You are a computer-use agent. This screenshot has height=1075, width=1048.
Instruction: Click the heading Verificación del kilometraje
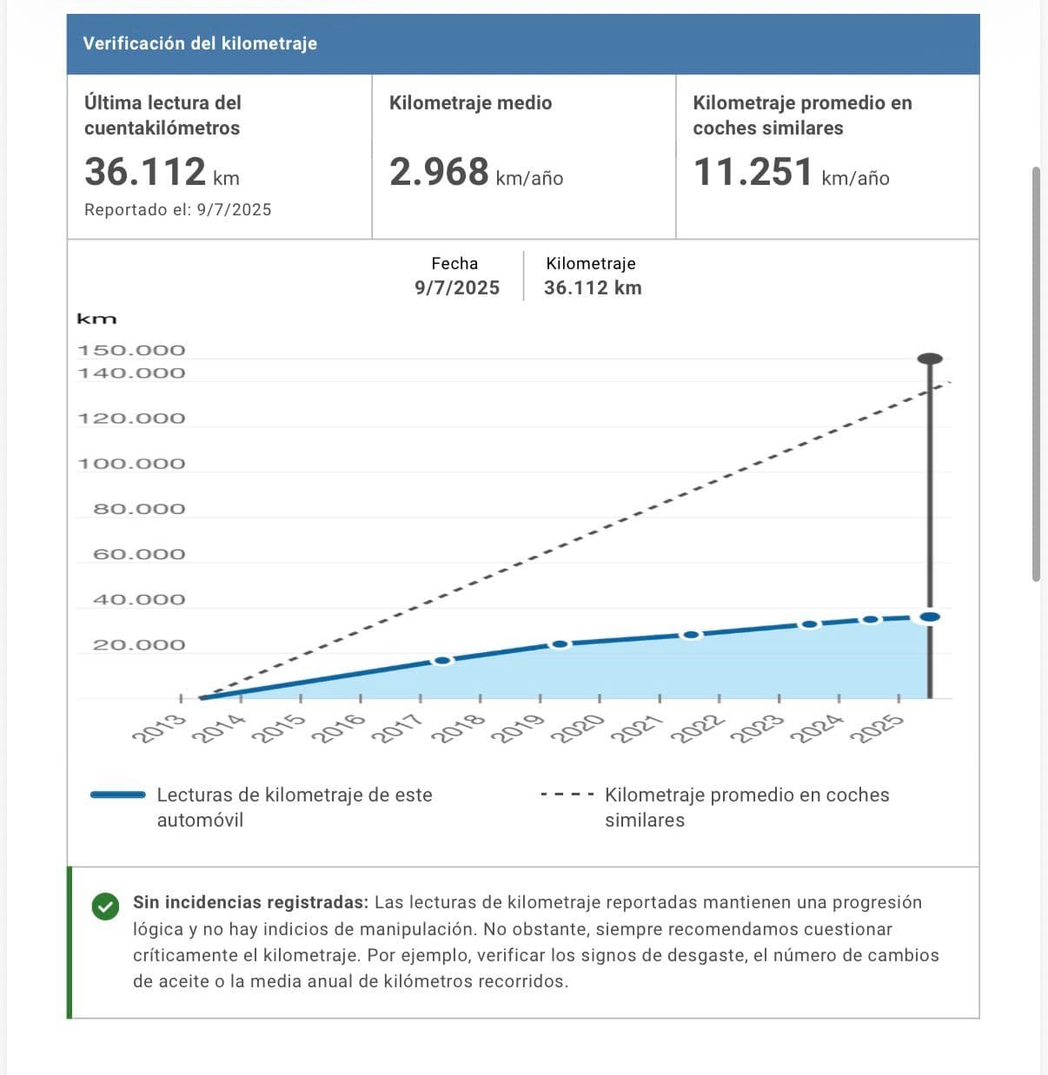pyautogui.click(x=200, y=43)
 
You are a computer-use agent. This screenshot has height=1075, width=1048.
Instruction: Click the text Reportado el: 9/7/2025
pyautogui.click(x=177, y=210)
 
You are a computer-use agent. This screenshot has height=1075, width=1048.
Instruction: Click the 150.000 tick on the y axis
pyautogui.click(x=131, y=351)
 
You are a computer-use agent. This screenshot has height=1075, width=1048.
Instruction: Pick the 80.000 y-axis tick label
pyautogui.click(x=139, y=509)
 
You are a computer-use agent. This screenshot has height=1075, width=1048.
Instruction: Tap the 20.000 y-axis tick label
pyautogui.click(x=139, y=645)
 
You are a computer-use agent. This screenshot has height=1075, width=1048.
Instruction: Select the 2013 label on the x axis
pyautogui.click(x=158, y=728)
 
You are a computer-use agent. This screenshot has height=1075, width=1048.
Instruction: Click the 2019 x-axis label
pyautogui.click(x=518, y=728)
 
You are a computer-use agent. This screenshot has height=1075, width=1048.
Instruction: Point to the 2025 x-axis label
pyautogui.click(x=877, y=728)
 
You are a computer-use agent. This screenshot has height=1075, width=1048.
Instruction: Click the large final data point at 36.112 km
pyautogui.click(x=930, y=617)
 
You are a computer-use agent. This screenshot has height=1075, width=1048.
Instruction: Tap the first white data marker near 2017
pyautogui.click(x=442, y=661)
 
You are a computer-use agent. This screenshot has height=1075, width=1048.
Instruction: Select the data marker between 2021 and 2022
pyautogui.click(x=691, y=635)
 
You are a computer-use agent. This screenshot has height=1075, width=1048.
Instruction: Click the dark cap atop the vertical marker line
pyautogui.click(x=930, y=359)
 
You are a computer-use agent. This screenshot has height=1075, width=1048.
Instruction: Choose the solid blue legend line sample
pyautogui.click(x=118, y=795)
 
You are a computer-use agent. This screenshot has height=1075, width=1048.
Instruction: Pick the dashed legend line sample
pyautogui.click(x=567, y=795)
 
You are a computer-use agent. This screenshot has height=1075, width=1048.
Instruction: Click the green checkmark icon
pyautogui.click(x=104, y=907)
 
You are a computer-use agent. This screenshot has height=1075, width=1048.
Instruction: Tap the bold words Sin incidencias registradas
pyautogui.click(x=250, y=903)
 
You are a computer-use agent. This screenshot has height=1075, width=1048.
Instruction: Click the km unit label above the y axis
pyautogui.click(x=96, y=320)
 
